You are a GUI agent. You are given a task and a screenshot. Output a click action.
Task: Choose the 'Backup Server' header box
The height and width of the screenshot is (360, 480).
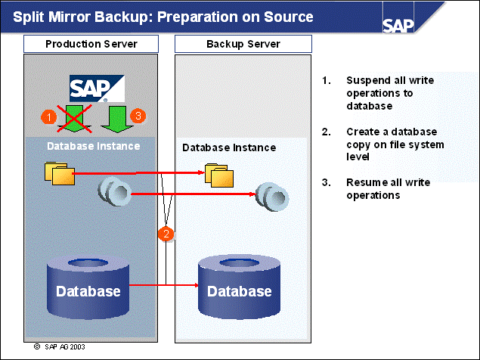(243, 44)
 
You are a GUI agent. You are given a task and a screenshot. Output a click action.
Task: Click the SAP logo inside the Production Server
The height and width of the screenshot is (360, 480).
(98, 88)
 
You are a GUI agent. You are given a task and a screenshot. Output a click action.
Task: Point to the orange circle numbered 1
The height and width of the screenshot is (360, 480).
(48, 116)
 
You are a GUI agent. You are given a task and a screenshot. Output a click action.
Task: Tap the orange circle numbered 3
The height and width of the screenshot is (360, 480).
(137, 116)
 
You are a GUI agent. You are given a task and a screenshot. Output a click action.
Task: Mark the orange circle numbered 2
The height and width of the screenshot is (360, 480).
(166, 234)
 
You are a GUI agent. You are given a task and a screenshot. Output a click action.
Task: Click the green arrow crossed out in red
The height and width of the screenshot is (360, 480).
(76, 117)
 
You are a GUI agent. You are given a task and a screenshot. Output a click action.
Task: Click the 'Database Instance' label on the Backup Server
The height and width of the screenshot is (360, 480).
(229, 147)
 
